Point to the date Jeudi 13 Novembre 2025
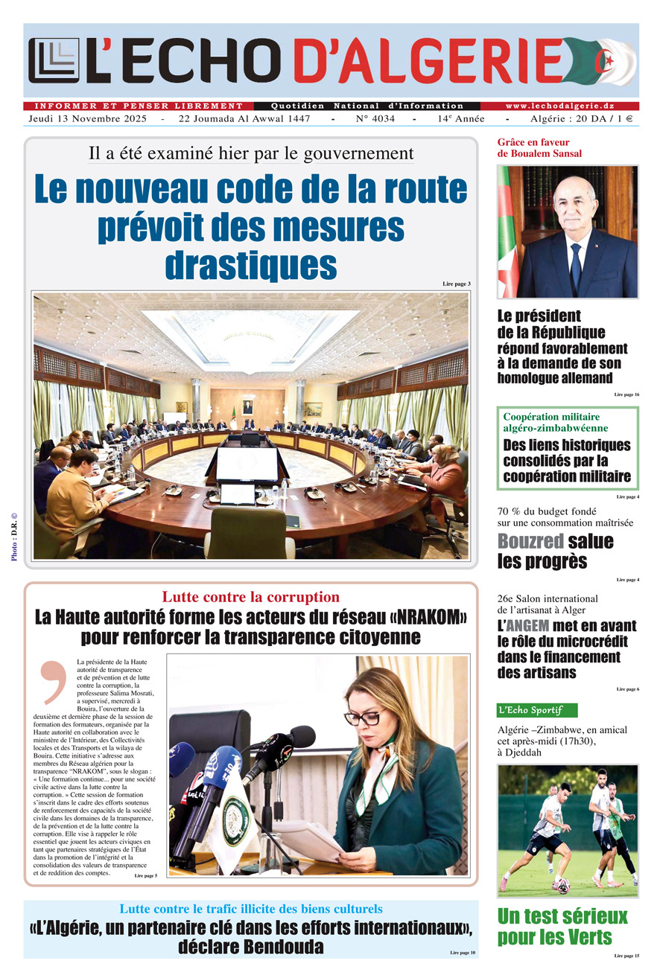(x=88, y=119)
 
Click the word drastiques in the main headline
(x=250, y=264)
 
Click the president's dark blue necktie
(x=576, y=266)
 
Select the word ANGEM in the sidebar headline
(x=529, y=626)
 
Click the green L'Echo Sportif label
(x=536, y=710)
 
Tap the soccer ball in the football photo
(x=559, y=886)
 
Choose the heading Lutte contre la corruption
(x=250, y=597)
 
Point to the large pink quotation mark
(x=54, y=681)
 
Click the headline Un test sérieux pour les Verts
(x=562, y=927)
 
